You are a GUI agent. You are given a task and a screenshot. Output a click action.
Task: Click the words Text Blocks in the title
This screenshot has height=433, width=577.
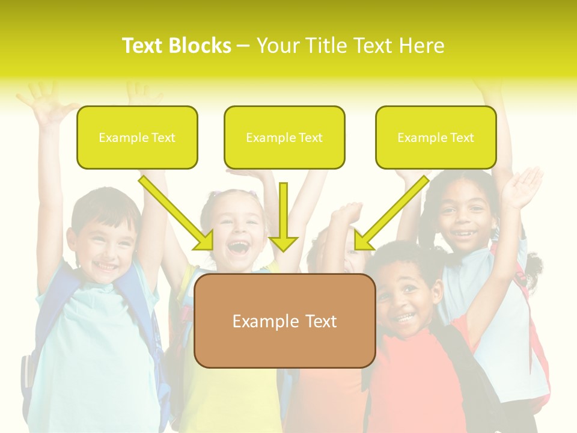point(176,46)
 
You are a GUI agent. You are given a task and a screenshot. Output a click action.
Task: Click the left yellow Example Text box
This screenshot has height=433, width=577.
point(137,137)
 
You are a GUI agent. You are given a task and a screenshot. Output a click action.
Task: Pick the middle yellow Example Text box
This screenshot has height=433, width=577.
point(284,137)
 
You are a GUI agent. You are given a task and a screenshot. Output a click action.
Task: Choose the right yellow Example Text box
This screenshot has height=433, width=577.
point(436,137)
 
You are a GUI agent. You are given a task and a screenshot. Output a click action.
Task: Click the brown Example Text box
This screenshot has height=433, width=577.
point(284,321)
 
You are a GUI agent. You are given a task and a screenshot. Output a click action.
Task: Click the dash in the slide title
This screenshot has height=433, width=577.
point(243,46)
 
